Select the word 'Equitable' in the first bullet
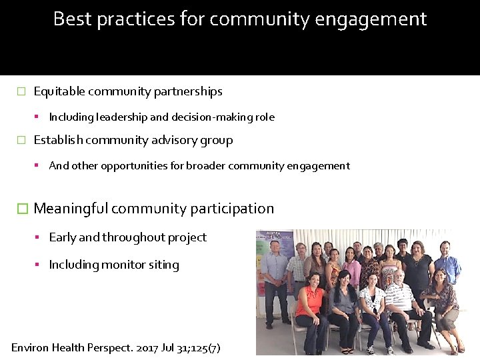[x=59, y=91]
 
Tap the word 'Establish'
[x=58, y=140]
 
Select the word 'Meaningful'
[x=71, y=209]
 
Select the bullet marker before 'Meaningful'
[x=22, y=209]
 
